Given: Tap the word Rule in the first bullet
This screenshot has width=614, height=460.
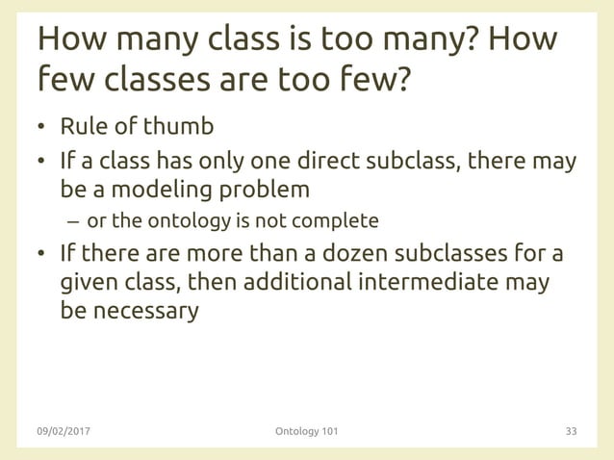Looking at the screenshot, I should coord(83,127).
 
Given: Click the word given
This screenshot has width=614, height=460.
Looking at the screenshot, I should coord(88,285).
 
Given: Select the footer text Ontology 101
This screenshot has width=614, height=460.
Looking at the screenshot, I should coord(306,431).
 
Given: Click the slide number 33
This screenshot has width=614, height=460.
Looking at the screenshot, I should coord(571,431).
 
